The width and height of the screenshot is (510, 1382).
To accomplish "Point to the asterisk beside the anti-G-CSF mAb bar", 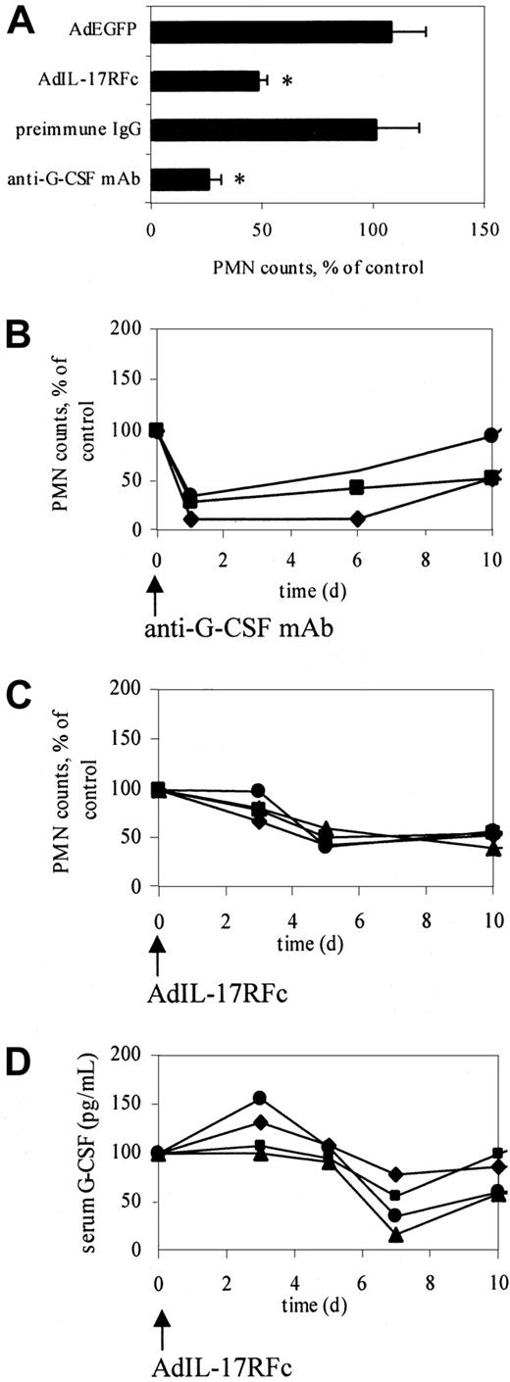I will (239, 181).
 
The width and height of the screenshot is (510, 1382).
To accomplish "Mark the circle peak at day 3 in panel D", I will (260, 1098).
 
